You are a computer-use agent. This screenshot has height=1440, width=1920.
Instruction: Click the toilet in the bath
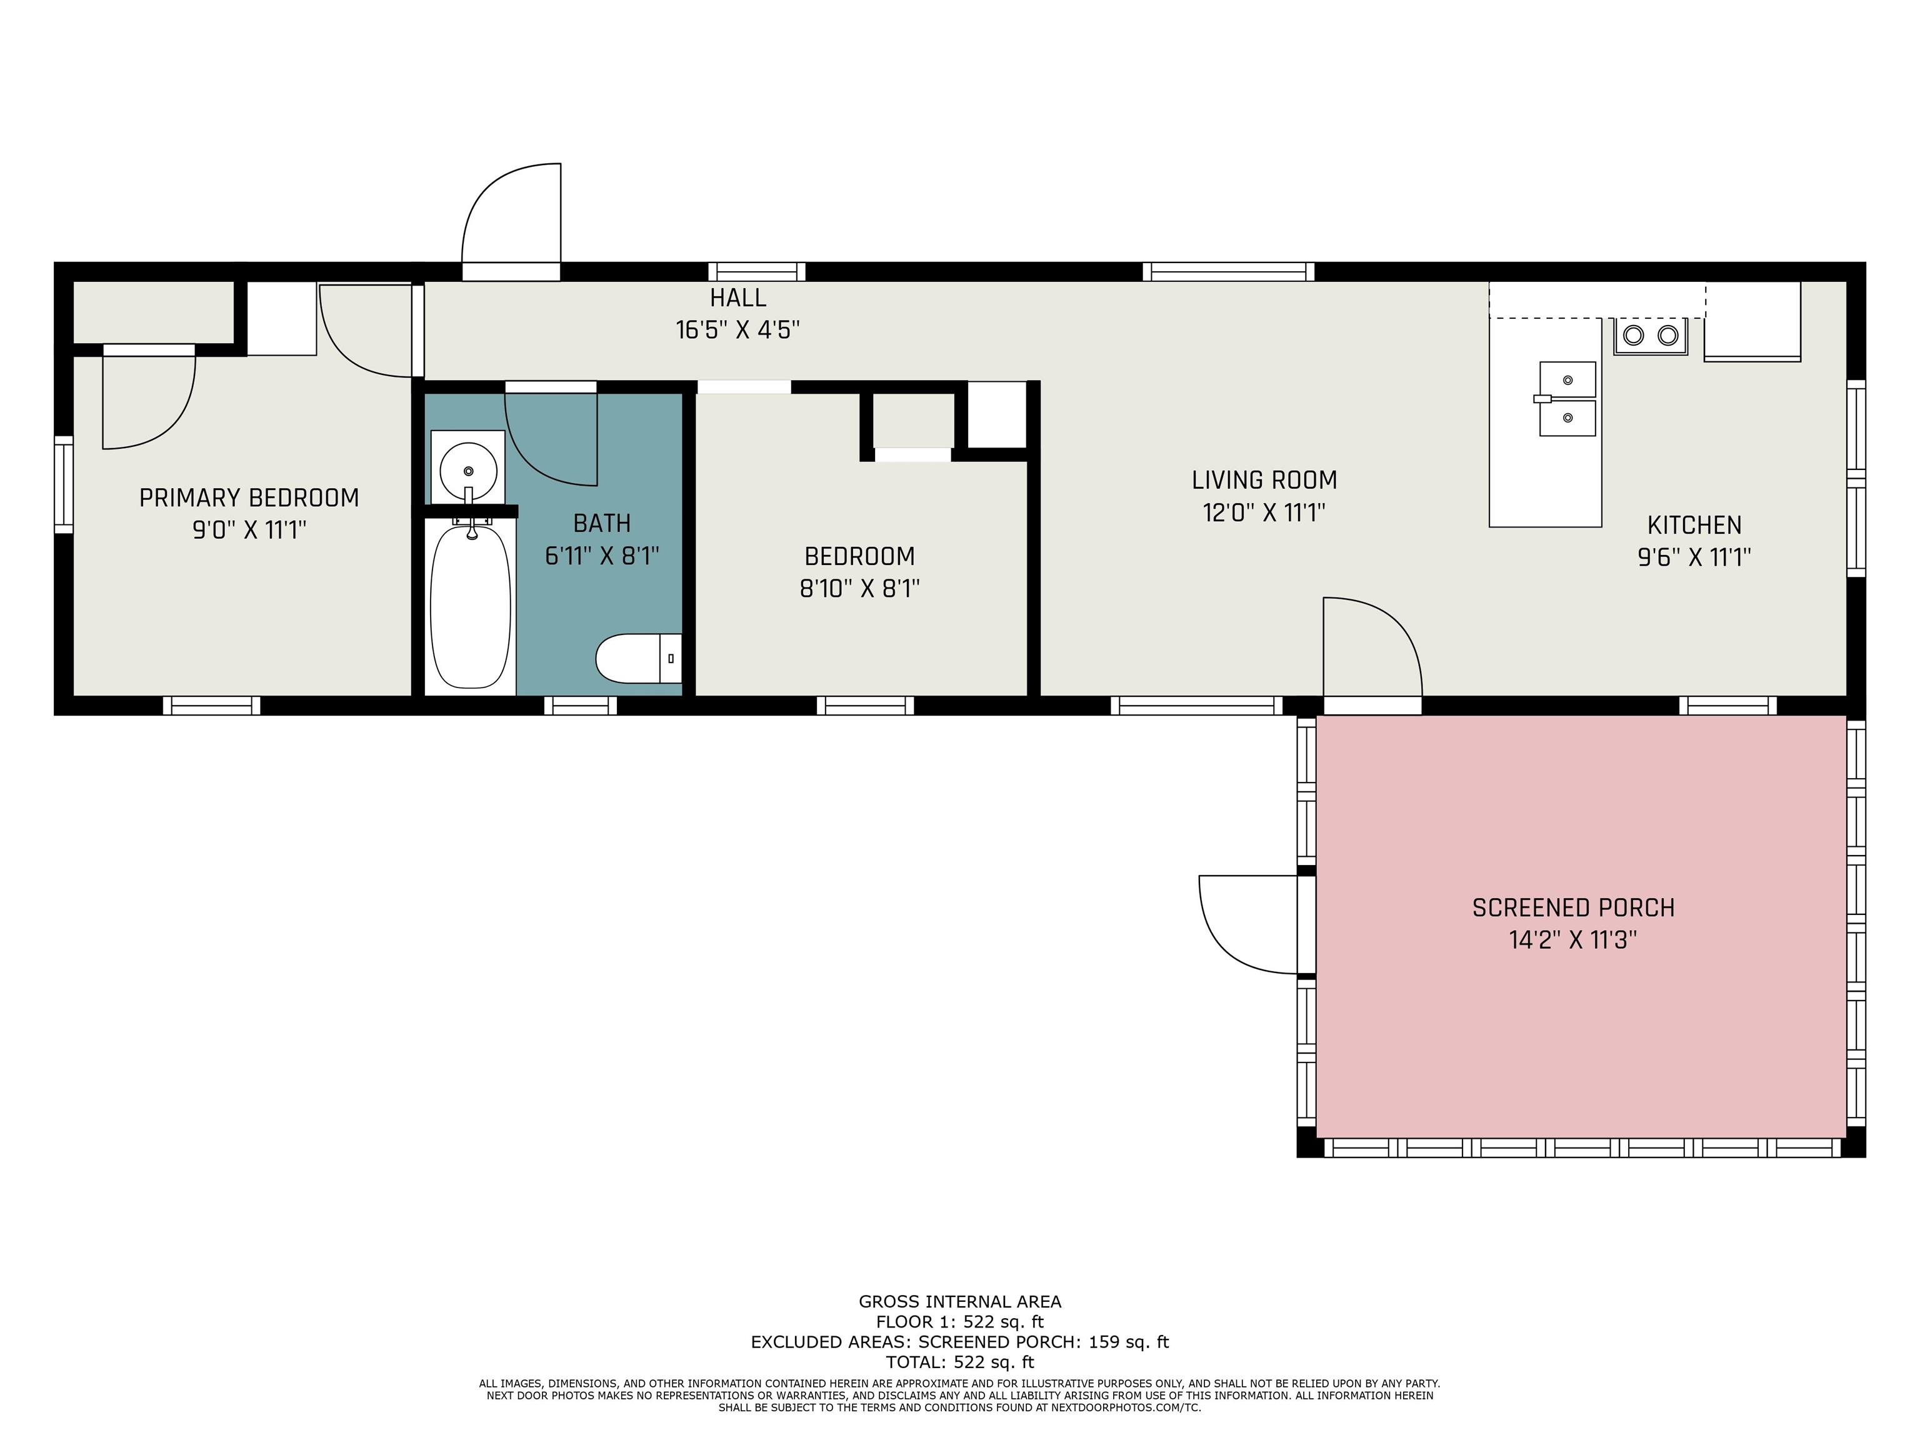click(638, 659)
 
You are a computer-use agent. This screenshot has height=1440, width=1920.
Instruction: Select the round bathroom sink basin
click(469, 471)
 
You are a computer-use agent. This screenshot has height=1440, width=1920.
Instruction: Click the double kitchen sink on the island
click(1567, 399)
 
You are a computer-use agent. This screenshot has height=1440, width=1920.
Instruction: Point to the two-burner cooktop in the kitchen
click(1650, 336)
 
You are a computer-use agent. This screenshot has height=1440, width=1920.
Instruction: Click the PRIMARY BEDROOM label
click(249, 497)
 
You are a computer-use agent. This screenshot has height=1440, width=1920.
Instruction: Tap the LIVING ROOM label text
click(1264, 480)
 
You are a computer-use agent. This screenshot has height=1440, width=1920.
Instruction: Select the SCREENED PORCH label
click(1572, 908)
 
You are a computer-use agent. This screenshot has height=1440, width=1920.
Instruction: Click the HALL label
click(737, 297)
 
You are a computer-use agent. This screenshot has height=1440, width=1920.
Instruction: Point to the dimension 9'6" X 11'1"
click(1694, 557)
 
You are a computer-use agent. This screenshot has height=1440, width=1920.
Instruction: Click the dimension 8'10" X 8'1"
click(859, 589)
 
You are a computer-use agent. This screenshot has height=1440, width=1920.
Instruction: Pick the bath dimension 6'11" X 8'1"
click(602, 556)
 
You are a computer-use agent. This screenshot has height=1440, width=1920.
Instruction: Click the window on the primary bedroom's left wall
click(63, 484)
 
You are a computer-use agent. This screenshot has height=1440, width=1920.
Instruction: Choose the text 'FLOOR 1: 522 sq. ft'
click(959, 1322)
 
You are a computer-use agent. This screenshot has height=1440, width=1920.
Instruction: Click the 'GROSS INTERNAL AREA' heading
click(959, 1301)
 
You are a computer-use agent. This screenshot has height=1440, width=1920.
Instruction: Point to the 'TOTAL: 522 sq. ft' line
click(959, 1362)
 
